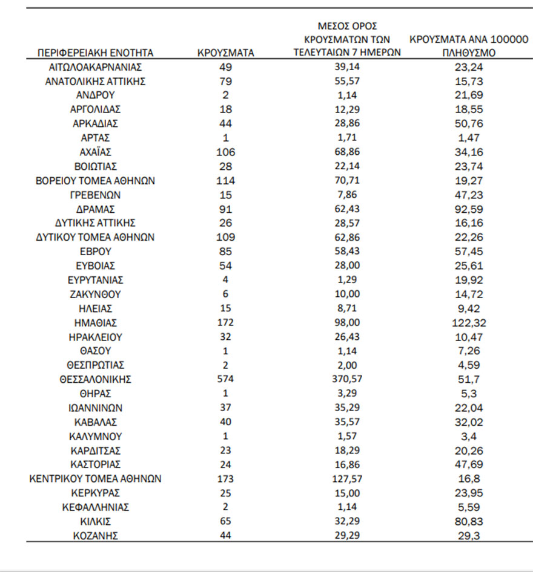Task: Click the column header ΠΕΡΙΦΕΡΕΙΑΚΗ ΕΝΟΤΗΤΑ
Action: [95, 53]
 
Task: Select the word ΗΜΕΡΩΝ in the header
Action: [380, 53]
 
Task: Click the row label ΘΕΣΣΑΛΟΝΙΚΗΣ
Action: [95, 380]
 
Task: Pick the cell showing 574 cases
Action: [225, 380]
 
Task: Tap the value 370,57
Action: [347, 380]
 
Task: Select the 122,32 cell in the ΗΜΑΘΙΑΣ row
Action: [469, 323]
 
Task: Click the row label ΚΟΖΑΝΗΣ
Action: [95, 535]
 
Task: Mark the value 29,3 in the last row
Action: [469, 535]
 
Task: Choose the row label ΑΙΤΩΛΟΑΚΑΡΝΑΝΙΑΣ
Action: [95, 67]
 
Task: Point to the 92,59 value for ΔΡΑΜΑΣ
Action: [469, 209]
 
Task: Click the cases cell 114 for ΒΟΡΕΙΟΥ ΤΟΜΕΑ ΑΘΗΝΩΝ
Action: [225, 181]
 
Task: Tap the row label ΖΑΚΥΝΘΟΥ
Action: [95, 294]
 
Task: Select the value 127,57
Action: [347, 479]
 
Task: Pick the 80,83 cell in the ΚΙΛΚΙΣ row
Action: [469, 521]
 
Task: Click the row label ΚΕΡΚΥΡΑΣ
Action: [95, 493]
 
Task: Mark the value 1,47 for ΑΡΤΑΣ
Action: [469, 138]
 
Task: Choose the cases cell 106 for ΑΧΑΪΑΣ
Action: [225, 152]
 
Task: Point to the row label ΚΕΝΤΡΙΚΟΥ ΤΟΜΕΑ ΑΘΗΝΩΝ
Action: [95, 479]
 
